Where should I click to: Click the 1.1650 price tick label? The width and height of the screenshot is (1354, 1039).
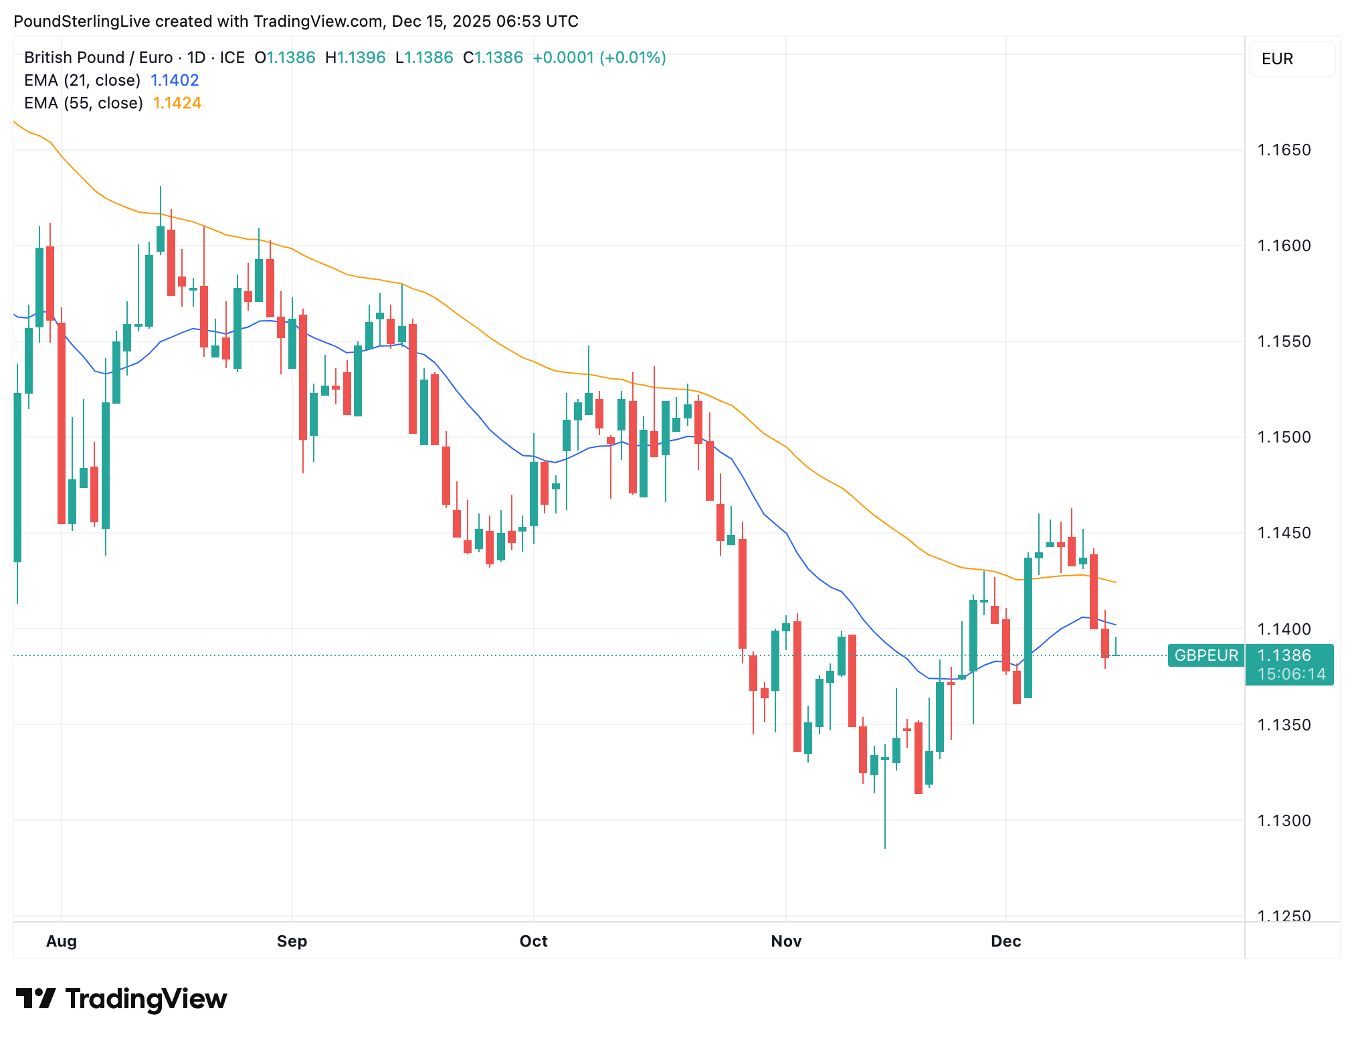coord(1284,150)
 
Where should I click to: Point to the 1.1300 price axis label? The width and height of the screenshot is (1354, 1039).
coord(1284,821)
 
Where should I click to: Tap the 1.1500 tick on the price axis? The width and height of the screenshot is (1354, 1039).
coord(1284,437)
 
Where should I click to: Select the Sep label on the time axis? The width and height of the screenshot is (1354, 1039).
coord(292,941)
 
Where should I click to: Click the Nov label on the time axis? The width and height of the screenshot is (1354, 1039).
coord(786,941)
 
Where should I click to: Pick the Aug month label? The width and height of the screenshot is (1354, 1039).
coord(62,941)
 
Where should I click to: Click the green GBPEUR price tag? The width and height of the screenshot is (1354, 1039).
coord(1206,655)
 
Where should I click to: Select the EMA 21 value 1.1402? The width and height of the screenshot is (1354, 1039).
coord(175,80)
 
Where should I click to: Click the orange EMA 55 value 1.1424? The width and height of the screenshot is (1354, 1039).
coord(177,103)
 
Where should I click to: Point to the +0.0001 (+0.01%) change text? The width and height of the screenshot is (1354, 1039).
coord(599,58)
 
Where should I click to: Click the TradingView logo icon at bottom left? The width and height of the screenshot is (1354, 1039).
coord(35,999)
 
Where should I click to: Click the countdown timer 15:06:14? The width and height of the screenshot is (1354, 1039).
coord(1291,674)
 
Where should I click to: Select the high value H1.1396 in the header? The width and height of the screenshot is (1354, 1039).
coord(355,58)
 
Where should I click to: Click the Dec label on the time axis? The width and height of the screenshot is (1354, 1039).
coord(1005,941)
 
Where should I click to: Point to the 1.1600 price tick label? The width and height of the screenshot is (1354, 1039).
coord(1284,246)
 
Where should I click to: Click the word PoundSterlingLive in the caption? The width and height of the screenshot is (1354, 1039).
coord(82,21)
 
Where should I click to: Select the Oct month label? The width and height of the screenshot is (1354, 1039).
coord(533,941)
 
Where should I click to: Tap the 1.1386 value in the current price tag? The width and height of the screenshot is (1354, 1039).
coord(1284,655)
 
